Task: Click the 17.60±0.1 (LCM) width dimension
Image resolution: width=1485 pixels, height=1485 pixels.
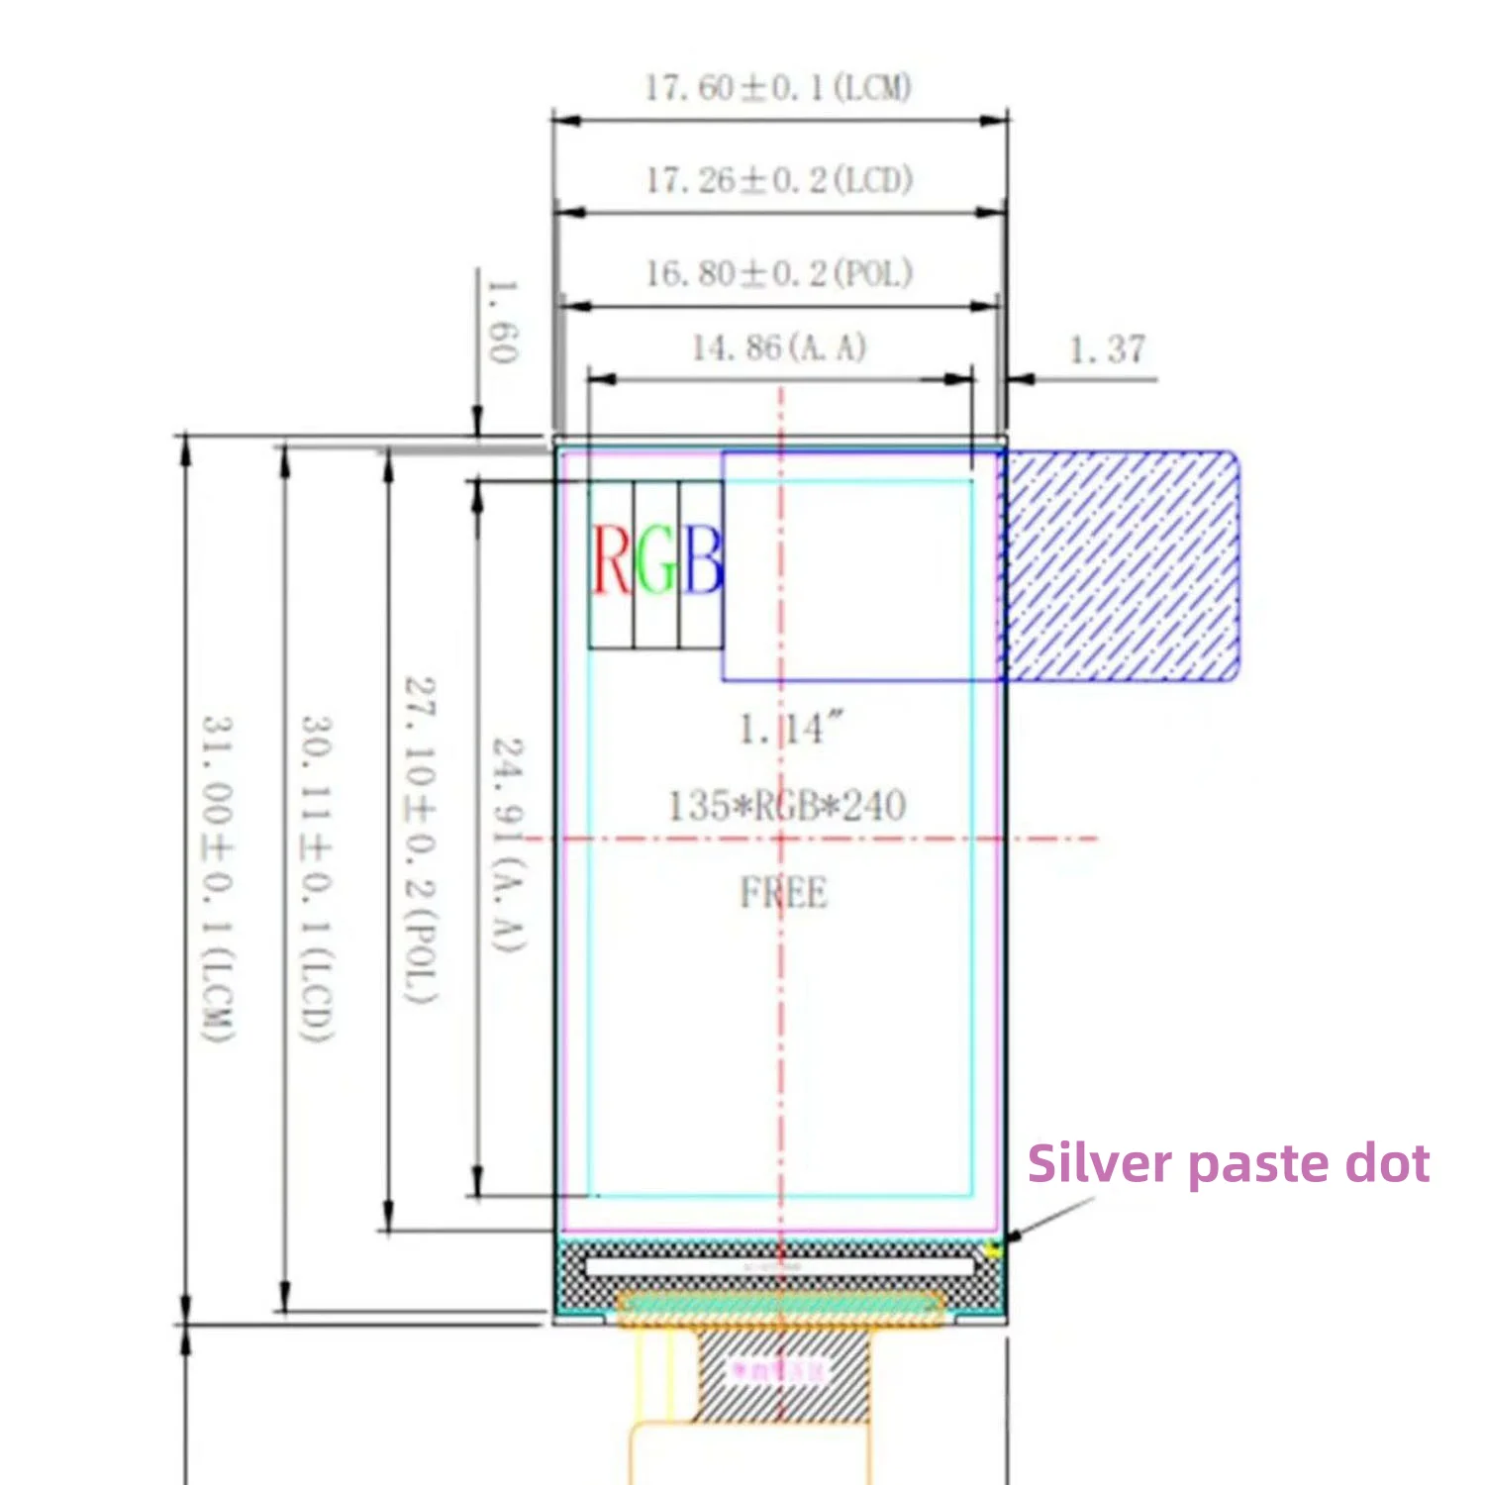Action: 778,88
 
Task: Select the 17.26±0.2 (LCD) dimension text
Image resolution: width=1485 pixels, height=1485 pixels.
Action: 779,180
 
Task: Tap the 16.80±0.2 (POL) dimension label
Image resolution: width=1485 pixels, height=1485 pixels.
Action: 779,273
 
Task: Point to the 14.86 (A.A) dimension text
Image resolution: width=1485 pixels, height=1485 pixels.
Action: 779,347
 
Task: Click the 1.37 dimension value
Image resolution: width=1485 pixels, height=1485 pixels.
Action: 1107,349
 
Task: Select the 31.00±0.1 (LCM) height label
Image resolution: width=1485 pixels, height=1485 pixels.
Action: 218,877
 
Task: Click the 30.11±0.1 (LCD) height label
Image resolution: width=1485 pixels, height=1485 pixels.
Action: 317,877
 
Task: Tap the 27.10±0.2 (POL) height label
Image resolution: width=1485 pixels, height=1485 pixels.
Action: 420,840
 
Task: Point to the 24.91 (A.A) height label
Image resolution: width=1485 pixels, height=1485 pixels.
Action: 509,844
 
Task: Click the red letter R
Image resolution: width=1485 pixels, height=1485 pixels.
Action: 611,560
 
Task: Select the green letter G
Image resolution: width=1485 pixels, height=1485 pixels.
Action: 656,560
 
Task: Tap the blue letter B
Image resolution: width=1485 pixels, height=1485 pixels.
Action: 703,560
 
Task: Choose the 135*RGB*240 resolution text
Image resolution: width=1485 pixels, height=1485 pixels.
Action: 787,806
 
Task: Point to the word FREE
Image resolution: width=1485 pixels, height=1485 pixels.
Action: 783,893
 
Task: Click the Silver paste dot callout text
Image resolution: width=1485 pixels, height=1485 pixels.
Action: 1228,1163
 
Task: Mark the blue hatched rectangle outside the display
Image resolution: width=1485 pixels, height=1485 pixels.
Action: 1122,566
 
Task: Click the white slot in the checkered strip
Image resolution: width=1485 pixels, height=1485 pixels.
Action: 779,1266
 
